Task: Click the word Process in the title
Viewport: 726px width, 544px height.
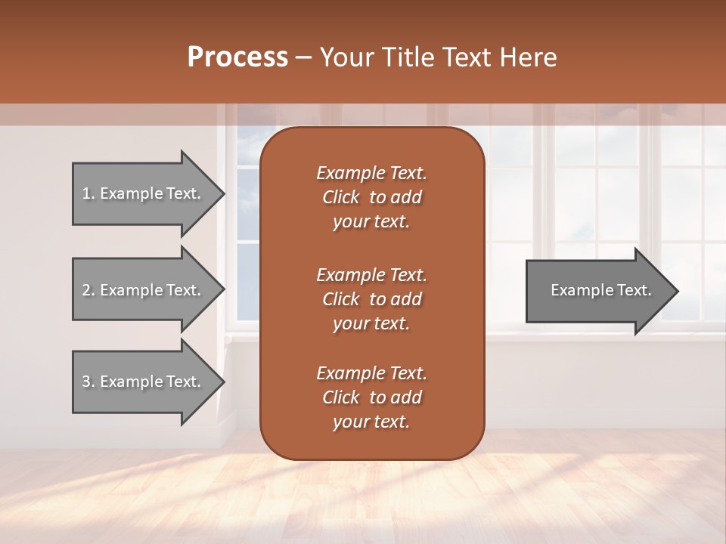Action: [x=237, y=57]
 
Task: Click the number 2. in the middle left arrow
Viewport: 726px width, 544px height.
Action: [x=88, y=290]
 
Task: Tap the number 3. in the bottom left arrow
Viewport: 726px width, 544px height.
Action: [x=88, y=382]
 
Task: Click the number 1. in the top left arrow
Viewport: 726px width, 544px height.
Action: [x=88, y=193]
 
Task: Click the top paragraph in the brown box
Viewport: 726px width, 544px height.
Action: [x=371, y=197]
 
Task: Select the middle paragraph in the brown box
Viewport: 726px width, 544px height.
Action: [x=371, y=299]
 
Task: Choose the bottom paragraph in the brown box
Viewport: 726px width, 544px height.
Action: [x=371, y=397]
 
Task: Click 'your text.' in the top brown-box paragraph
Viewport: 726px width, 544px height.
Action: [x=371, y=222]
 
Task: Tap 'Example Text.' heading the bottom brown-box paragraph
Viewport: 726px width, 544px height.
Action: [x=371, y=373]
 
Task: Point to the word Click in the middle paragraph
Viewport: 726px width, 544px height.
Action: [x=340, y=299]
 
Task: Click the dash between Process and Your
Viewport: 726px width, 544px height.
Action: [x=303, y=58]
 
